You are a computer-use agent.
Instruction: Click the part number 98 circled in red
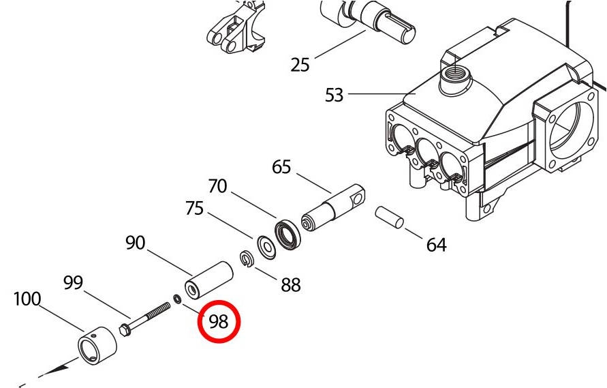[219, 321]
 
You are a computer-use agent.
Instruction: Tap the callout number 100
[27, 299]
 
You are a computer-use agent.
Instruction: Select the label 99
[73, 282]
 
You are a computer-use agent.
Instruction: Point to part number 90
[135, 243]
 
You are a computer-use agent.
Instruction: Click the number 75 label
[194, 208]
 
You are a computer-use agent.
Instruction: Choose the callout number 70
[217, 186]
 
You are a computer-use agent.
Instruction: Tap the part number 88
[291, 285]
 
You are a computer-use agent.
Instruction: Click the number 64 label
[436, 245]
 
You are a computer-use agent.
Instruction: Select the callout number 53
[334, 95]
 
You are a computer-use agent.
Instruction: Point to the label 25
[300, 64]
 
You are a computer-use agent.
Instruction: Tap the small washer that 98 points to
[178, 299]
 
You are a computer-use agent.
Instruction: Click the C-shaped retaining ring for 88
[246, 258]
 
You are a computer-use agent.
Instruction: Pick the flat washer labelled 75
[266, 247]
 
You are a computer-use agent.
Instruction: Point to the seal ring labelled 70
[287, 235]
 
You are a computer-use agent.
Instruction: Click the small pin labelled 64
[390, 217]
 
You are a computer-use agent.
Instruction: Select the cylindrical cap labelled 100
[97, 344]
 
